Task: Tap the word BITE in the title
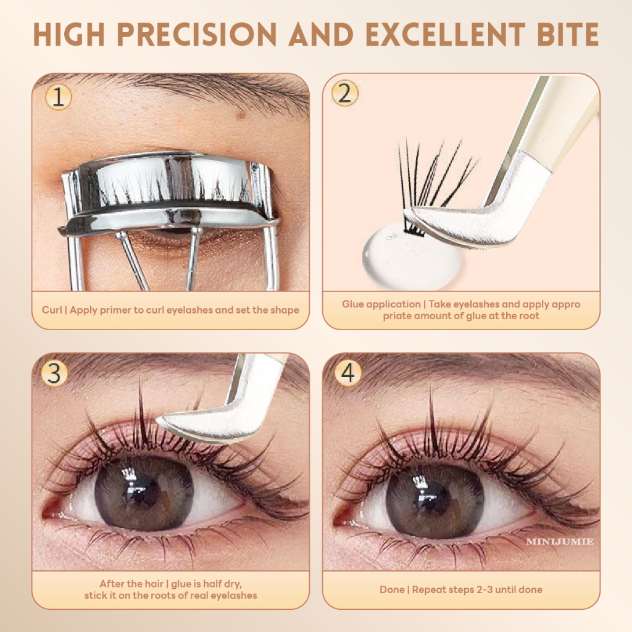568,34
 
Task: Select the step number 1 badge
59,97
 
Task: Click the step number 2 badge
344,93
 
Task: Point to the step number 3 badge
54,373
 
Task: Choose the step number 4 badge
348,373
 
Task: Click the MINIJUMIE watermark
560,542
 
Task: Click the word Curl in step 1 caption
52,310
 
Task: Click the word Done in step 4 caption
392,589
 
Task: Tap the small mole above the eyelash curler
241,115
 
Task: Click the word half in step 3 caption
213,584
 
